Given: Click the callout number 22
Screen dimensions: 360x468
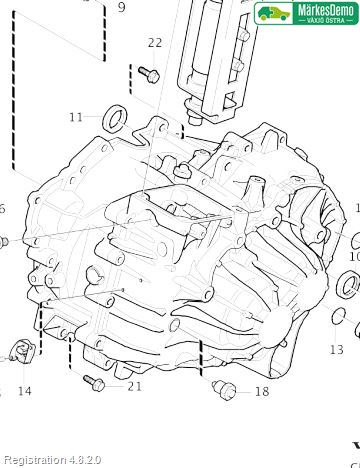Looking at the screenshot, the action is click(x=155, y=43).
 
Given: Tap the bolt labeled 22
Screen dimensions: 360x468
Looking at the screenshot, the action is click(x=149, y=75).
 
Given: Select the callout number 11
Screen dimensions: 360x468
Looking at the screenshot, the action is click(x=76, y=117).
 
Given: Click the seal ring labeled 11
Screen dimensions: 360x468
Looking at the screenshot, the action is click(x=115, y=118).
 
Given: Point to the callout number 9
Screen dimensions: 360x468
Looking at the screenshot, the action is click(x=122, y=7).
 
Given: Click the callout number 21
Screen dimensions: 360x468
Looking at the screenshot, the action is click(x=135, y=386).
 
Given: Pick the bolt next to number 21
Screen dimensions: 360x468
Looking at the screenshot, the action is click(x=94, y=383).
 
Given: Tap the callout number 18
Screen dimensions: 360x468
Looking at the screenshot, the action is click(x=262, y=391).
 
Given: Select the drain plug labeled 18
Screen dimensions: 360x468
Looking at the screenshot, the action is click(x=224, y=389).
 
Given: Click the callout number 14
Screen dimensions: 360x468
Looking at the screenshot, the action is click(x=24, y=391).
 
